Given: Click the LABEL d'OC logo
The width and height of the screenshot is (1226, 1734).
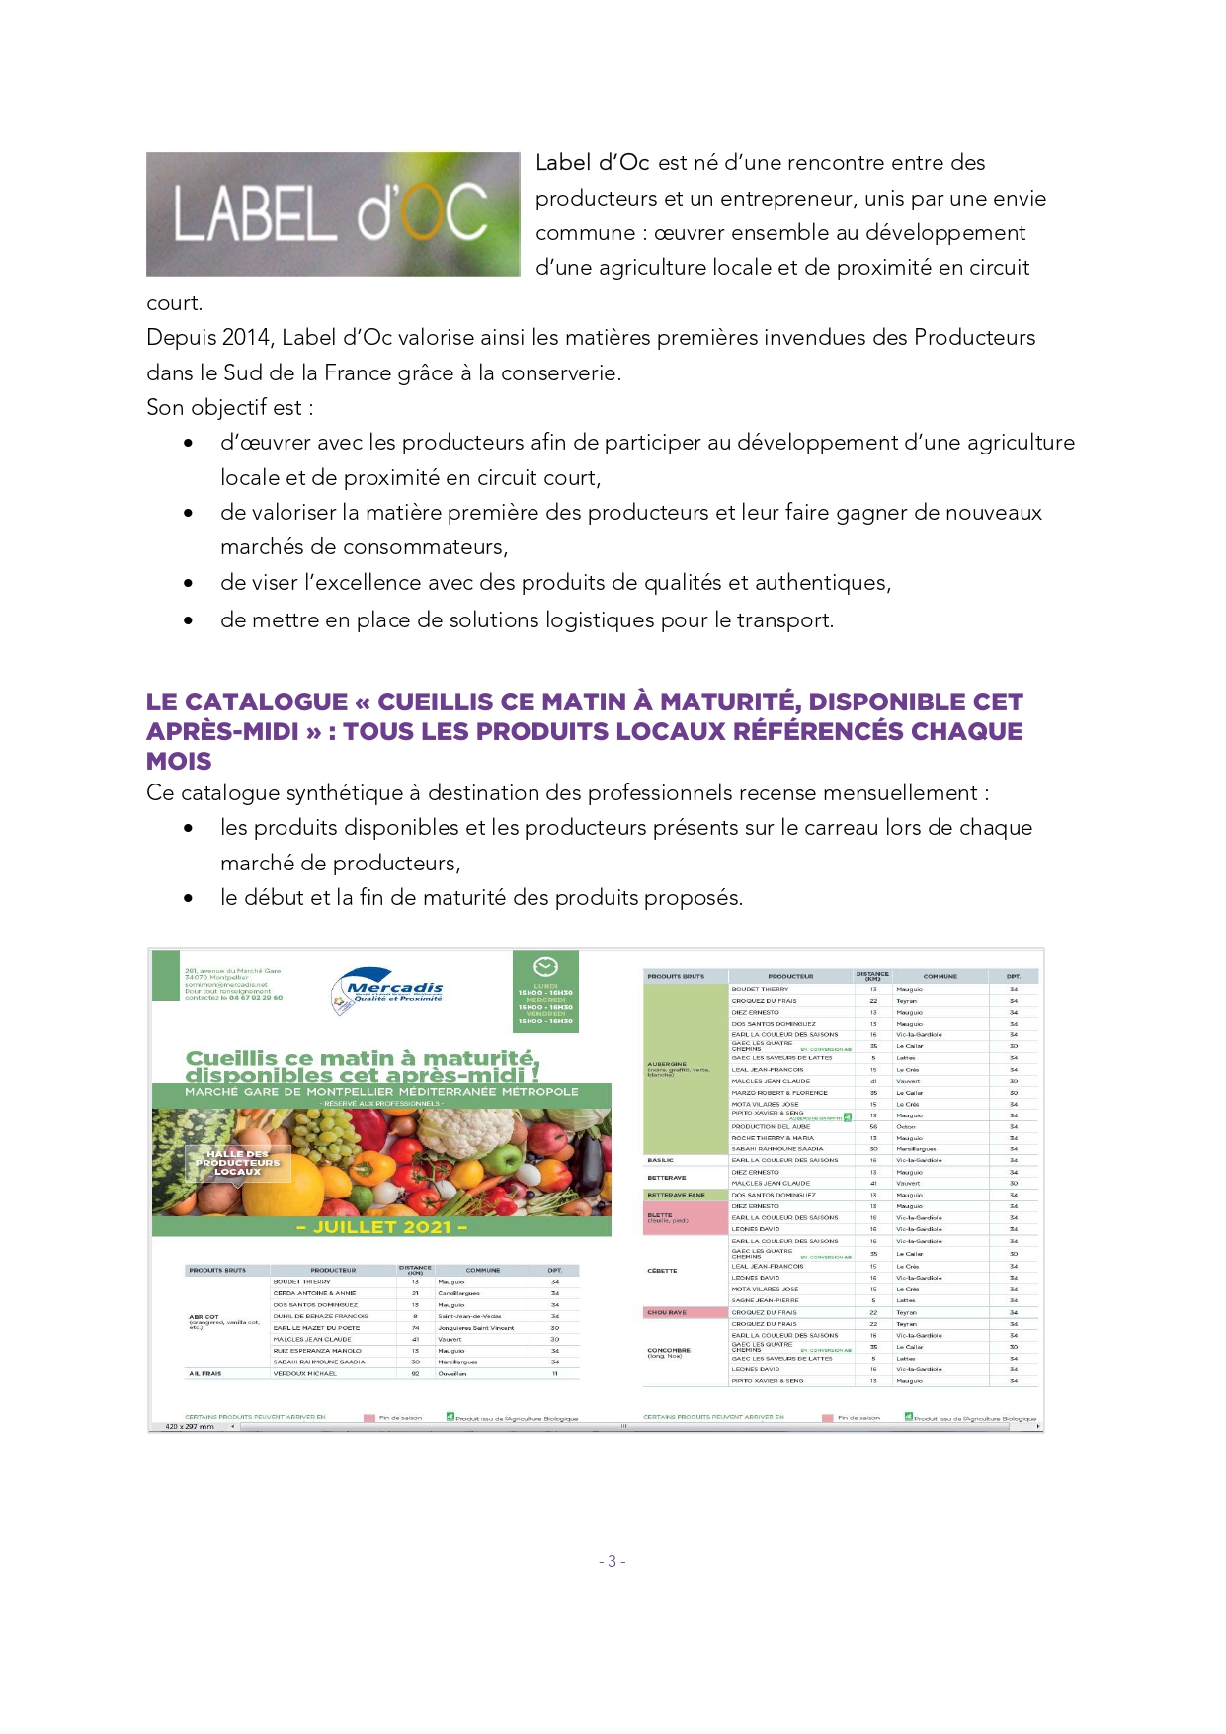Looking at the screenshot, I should pos(333,213).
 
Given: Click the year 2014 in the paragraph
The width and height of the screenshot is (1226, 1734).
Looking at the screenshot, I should pos(247,338).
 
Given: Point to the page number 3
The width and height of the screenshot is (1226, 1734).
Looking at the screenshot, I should pos(612,1561).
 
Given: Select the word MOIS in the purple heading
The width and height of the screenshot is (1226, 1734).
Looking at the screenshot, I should pos(179,762).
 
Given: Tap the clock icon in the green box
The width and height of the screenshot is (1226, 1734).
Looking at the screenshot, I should pos(545,967).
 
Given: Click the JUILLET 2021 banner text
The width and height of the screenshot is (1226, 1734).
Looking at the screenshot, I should pos(381,1227).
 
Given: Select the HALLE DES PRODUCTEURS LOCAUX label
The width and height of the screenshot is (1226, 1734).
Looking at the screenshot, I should pos(238,1163).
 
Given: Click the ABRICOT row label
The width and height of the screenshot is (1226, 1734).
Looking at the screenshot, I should pos(204,1317).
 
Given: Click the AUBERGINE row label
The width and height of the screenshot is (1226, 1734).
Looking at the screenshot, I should pos(667,1064).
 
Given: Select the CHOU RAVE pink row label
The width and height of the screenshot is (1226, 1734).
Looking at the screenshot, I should pos(667,1312).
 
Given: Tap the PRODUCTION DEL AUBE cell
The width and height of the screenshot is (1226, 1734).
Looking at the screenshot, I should pos(771,1126).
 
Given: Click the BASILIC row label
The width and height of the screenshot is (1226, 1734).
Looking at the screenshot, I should pos(661,1160).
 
